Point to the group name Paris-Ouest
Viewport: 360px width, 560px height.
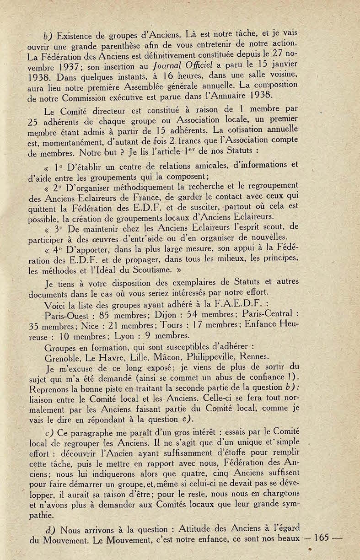point(67,315)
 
